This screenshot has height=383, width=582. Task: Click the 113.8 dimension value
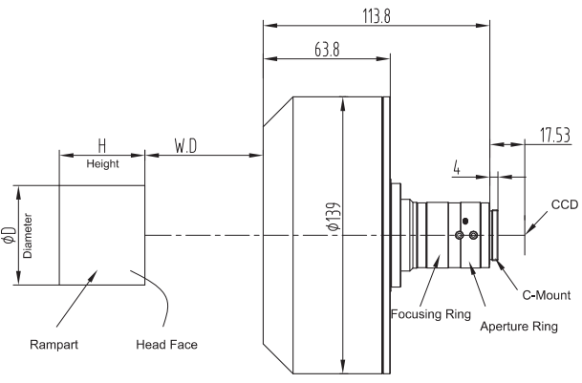point(377,16)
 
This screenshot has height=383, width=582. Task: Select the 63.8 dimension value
point(327,50)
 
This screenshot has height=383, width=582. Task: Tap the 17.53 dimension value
point(555,135)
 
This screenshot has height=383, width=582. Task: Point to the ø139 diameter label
point(334,217)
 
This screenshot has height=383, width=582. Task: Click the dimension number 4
point(457,168)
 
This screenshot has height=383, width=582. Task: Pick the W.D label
point(185,146)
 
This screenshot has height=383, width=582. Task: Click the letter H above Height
point(102,146)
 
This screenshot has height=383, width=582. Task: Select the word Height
point(102,163)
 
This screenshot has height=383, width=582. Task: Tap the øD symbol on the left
point(10,235)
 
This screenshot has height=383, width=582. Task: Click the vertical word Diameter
point(28,236)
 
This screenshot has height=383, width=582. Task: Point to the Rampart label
point(54,345)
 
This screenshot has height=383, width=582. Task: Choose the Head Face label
point(166,345)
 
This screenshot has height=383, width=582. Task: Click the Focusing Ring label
point(431,314)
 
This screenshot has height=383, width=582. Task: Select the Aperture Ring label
point(519,327)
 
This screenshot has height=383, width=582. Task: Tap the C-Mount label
point(547,295)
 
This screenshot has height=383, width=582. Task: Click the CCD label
point(565,204)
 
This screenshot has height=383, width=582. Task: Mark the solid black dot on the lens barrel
point(465,222)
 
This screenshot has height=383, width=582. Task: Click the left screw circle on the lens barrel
point(459,235)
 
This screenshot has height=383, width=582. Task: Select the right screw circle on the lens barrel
point(473,235)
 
